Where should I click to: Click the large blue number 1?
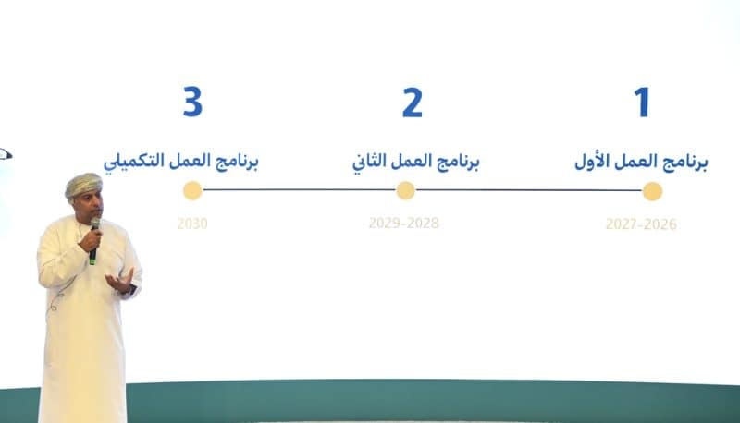641,103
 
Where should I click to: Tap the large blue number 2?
412,103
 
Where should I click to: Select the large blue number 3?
191,103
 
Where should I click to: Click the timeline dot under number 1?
652,191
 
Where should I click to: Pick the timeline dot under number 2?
405,191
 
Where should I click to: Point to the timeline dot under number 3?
192,191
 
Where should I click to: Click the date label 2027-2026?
641,224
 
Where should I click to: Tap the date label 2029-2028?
403,224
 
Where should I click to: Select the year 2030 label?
191,224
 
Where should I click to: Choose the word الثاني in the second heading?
370,163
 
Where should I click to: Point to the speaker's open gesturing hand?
120,280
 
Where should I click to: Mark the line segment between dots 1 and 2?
529,191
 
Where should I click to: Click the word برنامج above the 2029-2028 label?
459,163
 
